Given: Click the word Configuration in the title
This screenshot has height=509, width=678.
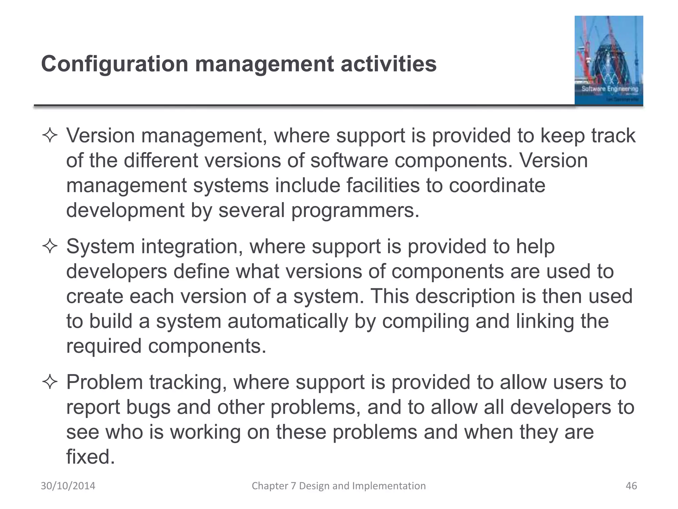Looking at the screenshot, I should coord(115,64).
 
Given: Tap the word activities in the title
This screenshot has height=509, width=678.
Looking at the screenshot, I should coord(389,64).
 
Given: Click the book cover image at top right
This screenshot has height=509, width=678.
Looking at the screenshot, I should coord(608,60).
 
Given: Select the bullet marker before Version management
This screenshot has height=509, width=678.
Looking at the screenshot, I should coord(50,136).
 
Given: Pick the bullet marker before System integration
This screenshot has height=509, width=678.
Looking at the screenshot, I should coord(50,247).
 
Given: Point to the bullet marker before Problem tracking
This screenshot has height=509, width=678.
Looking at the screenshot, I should coord(50,383).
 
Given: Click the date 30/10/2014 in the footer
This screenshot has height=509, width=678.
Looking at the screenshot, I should coord(68,486).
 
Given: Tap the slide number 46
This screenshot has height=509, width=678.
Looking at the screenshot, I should coord(631,486).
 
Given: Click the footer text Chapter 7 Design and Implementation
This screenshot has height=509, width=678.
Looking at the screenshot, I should coord(339,486).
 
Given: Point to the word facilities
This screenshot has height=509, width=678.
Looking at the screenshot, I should coord(383,186).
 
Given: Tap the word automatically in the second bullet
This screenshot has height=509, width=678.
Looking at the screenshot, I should coord(288,321).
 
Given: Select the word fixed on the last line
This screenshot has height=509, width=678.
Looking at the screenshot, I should coord(90,457).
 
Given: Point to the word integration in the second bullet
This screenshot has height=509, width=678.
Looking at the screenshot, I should coord(192,247).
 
